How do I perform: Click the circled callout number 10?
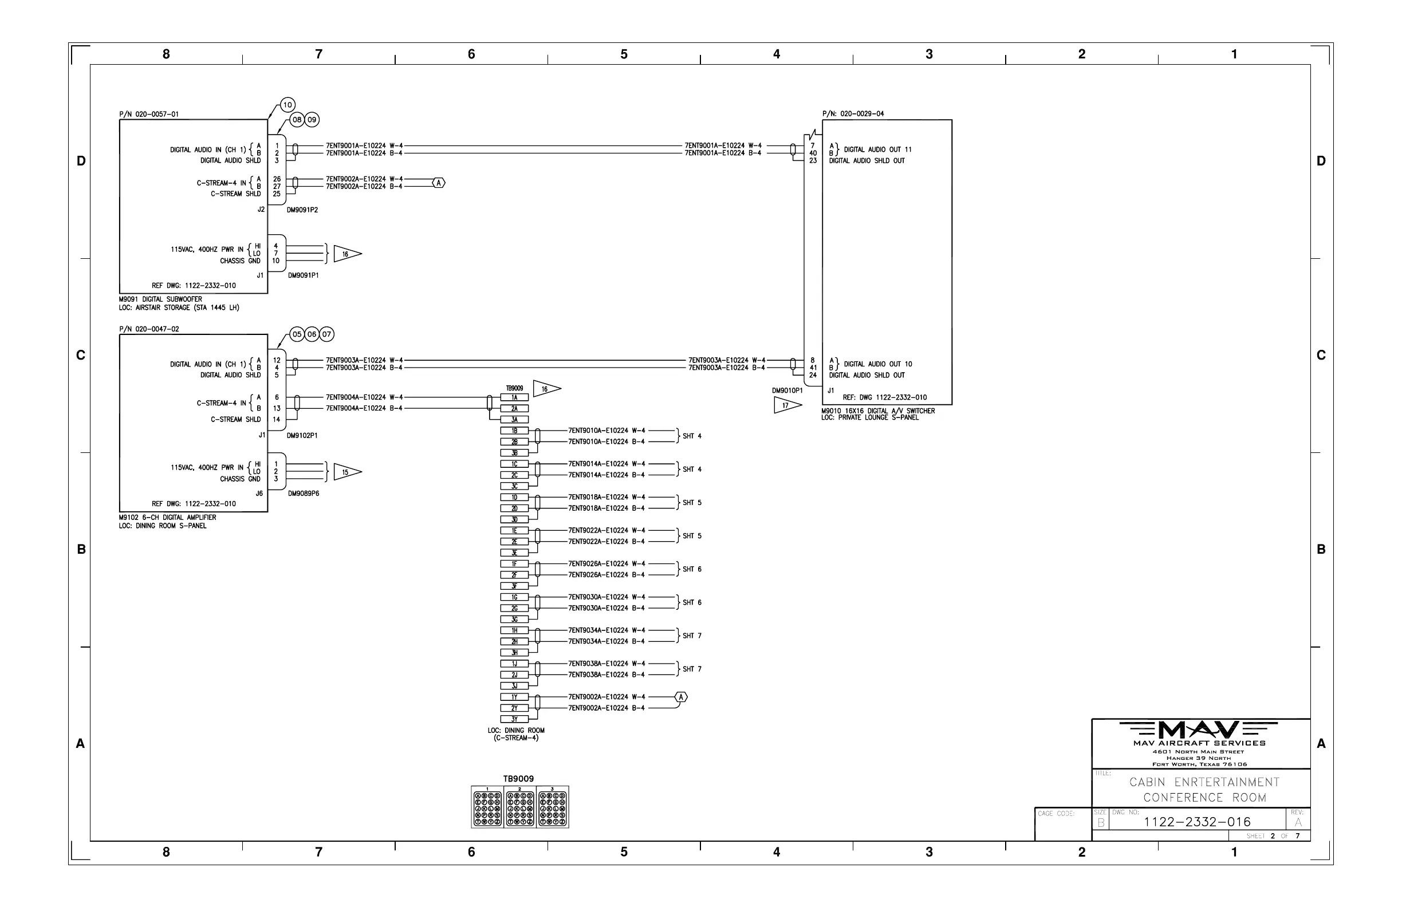288,105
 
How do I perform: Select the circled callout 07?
326,334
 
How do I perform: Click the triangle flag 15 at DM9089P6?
346,472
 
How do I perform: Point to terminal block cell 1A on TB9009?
514,397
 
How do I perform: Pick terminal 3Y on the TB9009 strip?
514,719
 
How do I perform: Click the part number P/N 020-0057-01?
149,115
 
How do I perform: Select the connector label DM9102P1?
302,436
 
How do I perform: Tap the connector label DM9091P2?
302,210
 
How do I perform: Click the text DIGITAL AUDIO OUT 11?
878,149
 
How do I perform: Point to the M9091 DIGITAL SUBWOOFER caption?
160,299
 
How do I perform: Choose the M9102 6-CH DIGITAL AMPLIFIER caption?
167,518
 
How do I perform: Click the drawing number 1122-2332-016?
1197,822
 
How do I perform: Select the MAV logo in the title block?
1198,730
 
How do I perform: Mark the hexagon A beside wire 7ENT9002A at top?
438,183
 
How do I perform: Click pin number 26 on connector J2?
277,179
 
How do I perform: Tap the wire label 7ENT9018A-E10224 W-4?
606,497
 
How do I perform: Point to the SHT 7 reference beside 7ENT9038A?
692,669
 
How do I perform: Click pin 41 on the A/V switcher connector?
813,368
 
